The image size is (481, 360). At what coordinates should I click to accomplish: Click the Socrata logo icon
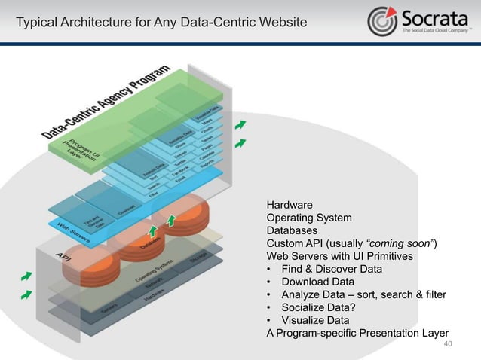[x=383, y=21]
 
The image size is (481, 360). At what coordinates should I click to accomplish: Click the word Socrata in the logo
[x=434, y=17]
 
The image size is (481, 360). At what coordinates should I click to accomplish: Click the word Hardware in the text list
[x=290, y=204]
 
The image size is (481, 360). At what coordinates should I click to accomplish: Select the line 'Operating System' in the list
[x=309, y=218]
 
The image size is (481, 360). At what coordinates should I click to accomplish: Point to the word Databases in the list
[x=292, y=230]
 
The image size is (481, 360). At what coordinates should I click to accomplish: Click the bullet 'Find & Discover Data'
[x=332, y=269]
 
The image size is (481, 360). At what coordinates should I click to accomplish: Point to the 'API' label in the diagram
[x=63, y=257]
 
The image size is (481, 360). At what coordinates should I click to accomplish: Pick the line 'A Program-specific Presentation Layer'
[x=357, y=333]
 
